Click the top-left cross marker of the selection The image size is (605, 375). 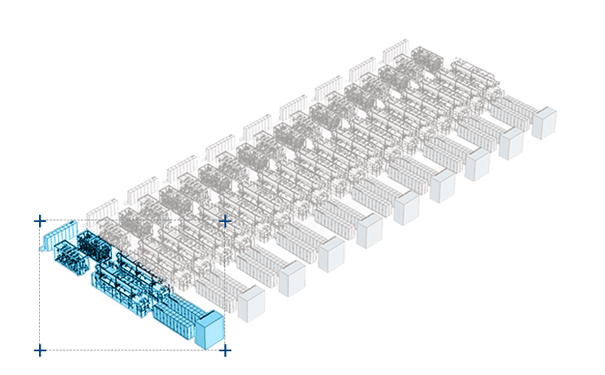pos(40,221)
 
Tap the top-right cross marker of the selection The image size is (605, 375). pos(225,221)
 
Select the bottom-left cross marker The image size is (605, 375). pos(40,351)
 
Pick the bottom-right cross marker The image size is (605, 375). pos(225,351)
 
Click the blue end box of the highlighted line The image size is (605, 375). pos(210,331)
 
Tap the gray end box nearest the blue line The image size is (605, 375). pos(251,304)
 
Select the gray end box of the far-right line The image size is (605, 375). pos(544,122)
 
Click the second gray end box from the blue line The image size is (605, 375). pos(292,279)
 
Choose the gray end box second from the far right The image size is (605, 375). pos(511,142)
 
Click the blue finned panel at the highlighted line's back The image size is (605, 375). pos(59,236)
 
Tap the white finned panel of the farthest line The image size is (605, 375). pos(395,51)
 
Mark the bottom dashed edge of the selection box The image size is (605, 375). pos(130,351)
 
